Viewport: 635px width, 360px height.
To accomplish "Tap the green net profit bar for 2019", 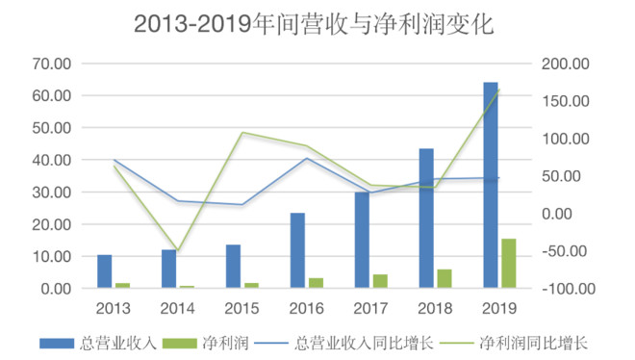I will pyautogui.click(x=507, y=263).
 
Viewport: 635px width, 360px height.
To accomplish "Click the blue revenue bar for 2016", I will pyautogui.click(x=297, y=250).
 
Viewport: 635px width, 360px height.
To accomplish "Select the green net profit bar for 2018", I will pyautogui.click(x=444, y=278).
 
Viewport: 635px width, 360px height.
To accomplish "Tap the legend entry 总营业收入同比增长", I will pyautogui.click(x=364, y=342).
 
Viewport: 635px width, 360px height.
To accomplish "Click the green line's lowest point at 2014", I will pyautogui.click(x=177, y=251).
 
